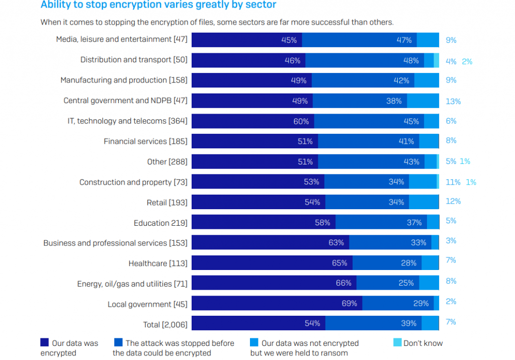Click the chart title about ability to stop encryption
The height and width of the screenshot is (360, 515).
click(x=158, y=5)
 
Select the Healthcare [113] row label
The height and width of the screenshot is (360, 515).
click(x=157, y=263)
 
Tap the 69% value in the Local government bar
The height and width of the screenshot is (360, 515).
click(x=349, y=303)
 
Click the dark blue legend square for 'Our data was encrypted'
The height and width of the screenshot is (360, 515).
click(x=44, y=343)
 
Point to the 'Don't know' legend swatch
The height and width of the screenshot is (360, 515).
click(x=396, y=343)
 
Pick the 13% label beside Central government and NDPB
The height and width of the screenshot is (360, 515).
click(x=453, y=101)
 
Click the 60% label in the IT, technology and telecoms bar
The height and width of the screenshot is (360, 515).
click(x=301, y=121)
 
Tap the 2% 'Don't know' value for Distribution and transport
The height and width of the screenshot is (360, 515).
click(x=467, y=61)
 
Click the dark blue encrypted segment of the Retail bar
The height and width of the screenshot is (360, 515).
click(x=259, y=202)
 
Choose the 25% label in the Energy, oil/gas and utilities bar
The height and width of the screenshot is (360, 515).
click(x=406, y=283)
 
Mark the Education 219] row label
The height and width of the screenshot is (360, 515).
click(x=160, y=223)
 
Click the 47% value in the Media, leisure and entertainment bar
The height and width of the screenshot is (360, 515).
click(x=404, y=40)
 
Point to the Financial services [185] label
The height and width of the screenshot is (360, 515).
click(x=145, y=141)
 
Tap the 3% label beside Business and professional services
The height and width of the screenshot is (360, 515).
click(x=451, y=241)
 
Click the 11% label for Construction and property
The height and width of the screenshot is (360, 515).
click(x=453, y=182)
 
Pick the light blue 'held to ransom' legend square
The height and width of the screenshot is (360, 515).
click(x=254, y=343)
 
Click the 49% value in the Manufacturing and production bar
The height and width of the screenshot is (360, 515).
click(x=299, y=80)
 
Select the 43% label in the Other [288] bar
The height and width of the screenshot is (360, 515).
click(x=411, y=162)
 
